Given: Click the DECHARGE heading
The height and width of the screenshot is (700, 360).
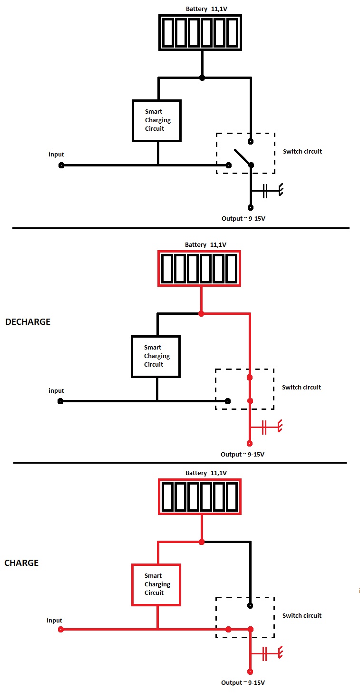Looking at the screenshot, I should click(x=28, y=322).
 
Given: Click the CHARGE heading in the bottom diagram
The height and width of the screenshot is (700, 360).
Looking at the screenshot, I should click(x=21, y=563).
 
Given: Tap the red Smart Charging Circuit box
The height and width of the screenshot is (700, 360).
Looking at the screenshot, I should click(x=156, y=584).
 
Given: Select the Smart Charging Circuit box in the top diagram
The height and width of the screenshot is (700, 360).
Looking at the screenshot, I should click(x=157, y=120).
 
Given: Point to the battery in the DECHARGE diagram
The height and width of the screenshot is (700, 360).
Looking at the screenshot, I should click(x=199, y=269).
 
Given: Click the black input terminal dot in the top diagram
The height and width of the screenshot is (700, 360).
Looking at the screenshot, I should click(x=61, y=165).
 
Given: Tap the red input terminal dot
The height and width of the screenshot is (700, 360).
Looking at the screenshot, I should click(x=60, y=630).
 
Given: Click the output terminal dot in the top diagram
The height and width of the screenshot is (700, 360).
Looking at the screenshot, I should click(x=251, y=207).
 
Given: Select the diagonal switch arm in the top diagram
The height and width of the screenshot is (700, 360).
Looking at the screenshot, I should click(x=242, y=157).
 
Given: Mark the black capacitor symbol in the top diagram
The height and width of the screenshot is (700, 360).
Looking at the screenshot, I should click(x=265, y=192).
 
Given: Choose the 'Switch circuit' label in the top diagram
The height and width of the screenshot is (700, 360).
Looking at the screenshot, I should click(x=302, y=152).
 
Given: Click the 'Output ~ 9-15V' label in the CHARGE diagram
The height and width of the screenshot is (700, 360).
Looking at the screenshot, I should click(x=243, y=682).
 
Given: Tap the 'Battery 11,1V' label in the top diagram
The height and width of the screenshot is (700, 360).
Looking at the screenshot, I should click(x=206, y=9).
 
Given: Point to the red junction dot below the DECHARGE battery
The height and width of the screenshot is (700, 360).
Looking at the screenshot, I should click(x=201, y=313).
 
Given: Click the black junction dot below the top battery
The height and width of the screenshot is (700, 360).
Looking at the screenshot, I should click(x=202, y=78).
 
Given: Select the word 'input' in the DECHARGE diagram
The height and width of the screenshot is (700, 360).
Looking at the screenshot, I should click(x=56, y=391).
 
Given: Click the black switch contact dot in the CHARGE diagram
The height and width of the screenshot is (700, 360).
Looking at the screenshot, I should click(x=250, y=606).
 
